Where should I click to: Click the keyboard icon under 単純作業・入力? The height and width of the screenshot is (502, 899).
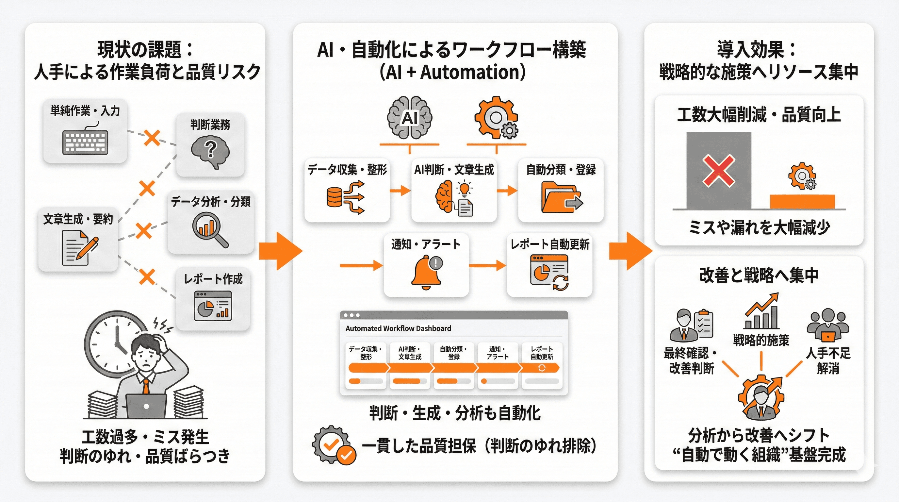[x=85, y=142]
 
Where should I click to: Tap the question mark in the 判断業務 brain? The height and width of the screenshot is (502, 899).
[x=210, y=150]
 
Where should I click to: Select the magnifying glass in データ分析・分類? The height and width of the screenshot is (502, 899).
[x=209, y=229]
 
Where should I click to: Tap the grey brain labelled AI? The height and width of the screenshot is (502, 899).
[x=409, y=118]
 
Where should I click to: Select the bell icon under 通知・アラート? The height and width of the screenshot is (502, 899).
[x=426, y=273]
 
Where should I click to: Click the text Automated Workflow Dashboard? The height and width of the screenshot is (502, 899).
[x=398, y=328]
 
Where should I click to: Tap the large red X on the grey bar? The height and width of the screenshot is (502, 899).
[x=719, y=171]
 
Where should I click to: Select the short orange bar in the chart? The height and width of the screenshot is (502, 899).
[x=802, y=202]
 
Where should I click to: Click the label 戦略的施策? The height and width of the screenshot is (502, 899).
[x=761, y=340]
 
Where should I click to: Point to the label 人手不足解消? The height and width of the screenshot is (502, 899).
[x=828, y=360]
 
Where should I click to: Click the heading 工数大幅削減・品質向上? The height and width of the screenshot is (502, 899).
[x=759, y=115]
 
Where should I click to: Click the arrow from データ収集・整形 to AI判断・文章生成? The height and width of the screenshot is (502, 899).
[x=400, y=191]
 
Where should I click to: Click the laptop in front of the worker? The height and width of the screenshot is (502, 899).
[x=146, y=406]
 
